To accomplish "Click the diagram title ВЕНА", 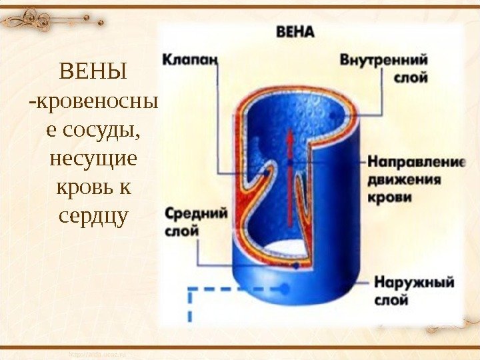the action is click(295, 32).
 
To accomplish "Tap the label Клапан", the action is click(190, 59).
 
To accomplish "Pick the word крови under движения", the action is click(389, 198).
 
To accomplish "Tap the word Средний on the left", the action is click(197, 214).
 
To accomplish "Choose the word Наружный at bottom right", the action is click(415, 282).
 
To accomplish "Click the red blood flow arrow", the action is click(291, 180).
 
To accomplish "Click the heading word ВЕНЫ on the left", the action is click(93, 71).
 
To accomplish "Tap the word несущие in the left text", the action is click(93, 159).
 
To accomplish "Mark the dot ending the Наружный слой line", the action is click(285, 288).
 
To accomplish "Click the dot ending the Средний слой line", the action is click(295, 265).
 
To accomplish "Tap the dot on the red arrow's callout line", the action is click(291, 162).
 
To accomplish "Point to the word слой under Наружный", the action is click(391, 300).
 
